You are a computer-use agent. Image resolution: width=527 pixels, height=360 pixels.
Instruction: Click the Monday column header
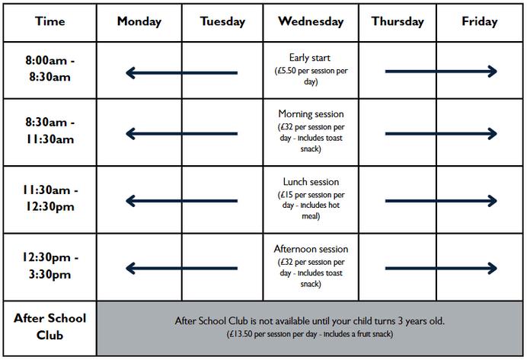(139, 21)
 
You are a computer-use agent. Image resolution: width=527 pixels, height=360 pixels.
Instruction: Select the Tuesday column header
(222, 21)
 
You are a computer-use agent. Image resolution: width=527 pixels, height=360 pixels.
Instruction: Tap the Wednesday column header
(311, 21)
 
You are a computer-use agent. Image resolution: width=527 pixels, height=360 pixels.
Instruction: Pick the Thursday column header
(398, 21)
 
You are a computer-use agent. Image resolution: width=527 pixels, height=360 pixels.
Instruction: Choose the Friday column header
(479, 21)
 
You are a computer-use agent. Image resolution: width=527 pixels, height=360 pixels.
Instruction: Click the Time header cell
(50, 21)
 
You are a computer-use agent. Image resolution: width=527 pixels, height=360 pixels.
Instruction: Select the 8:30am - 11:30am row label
(50, 131)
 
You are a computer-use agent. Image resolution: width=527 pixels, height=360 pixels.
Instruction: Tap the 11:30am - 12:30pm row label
(50, 199)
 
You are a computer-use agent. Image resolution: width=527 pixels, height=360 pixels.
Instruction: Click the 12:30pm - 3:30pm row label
(50, 266)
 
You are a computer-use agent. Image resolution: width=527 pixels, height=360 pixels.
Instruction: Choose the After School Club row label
(50, 327)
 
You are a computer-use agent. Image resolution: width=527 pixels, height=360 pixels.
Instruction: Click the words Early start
(310, 58)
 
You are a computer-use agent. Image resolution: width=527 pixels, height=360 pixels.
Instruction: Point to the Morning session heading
(311, 114)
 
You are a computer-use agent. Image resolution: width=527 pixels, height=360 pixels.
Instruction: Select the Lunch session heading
(311, 183)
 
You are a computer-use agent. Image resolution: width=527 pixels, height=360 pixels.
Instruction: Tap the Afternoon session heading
(311, 249)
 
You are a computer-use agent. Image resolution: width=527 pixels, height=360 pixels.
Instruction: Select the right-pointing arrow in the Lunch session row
(441, 201)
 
